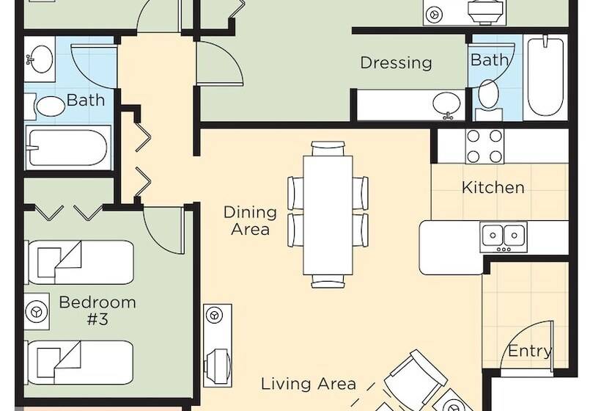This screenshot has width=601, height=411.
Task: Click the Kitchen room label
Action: pos(493,187)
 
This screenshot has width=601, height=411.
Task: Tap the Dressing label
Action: pos(397,62)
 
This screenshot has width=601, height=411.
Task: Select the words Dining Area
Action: pos(250,221)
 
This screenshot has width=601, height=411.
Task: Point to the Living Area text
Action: pos(309,383)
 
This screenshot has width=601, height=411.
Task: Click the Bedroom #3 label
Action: pos(97,310)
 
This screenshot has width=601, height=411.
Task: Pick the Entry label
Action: pos(530,351)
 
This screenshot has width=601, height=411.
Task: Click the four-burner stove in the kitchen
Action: pos(484,146)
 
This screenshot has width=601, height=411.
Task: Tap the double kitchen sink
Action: pos(504,236)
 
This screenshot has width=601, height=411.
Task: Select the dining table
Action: pos(328,215)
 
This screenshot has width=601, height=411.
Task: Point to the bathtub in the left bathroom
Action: pos(68,148)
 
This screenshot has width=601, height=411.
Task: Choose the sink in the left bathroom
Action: pos(40,59)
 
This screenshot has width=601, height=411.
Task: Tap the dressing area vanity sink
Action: pos(447,104)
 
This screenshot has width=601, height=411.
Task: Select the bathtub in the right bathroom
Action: pos(546,77)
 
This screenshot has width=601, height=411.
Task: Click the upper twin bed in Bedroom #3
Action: pos(79,263)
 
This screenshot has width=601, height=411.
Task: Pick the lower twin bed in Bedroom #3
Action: pos(79,363)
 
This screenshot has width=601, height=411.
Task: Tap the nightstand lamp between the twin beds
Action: pos(37,311)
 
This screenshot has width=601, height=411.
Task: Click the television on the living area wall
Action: pos(218,363)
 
